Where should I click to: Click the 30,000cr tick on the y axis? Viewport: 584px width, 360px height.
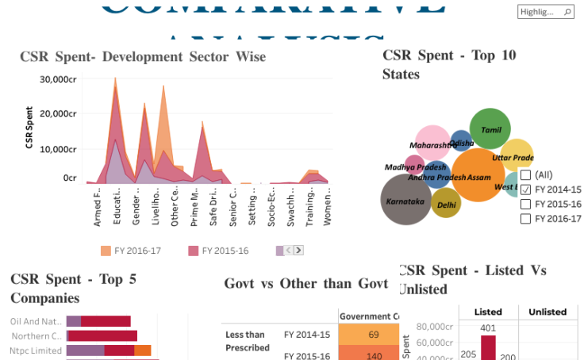click(58, 79)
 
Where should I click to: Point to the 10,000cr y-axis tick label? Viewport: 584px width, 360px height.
click(58, 149)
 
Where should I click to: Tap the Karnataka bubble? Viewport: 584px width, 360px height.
click(406, 201)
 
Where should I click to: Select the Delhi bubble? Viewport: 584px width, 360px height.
click(446, 203)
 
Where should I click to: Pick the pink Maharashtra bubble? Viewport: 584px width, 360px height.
click(433, 144)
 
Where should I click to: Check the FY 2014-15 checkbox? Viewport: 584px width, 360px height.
click(525, 190)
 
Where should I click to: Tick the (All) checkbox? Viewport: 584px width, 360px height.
click(525, 174)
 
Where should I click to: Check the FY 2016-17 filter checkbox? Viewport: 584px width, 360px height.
click(525, 219)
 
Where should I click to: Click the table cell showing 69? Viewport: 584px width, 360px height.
click(373, 335)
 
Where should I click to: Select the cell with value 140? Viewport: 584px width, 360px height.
click(373, 355)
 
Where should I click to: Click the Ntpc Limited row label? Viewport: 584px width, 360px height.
click(36, 350)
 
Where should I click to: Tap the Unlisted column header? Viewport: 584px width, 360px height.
click(547, 312)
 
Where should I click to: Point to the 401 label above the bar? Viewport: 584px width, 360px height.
click(488, 328)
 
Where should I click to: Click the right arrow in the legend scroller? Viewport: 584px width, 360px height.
click(298, 251)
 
